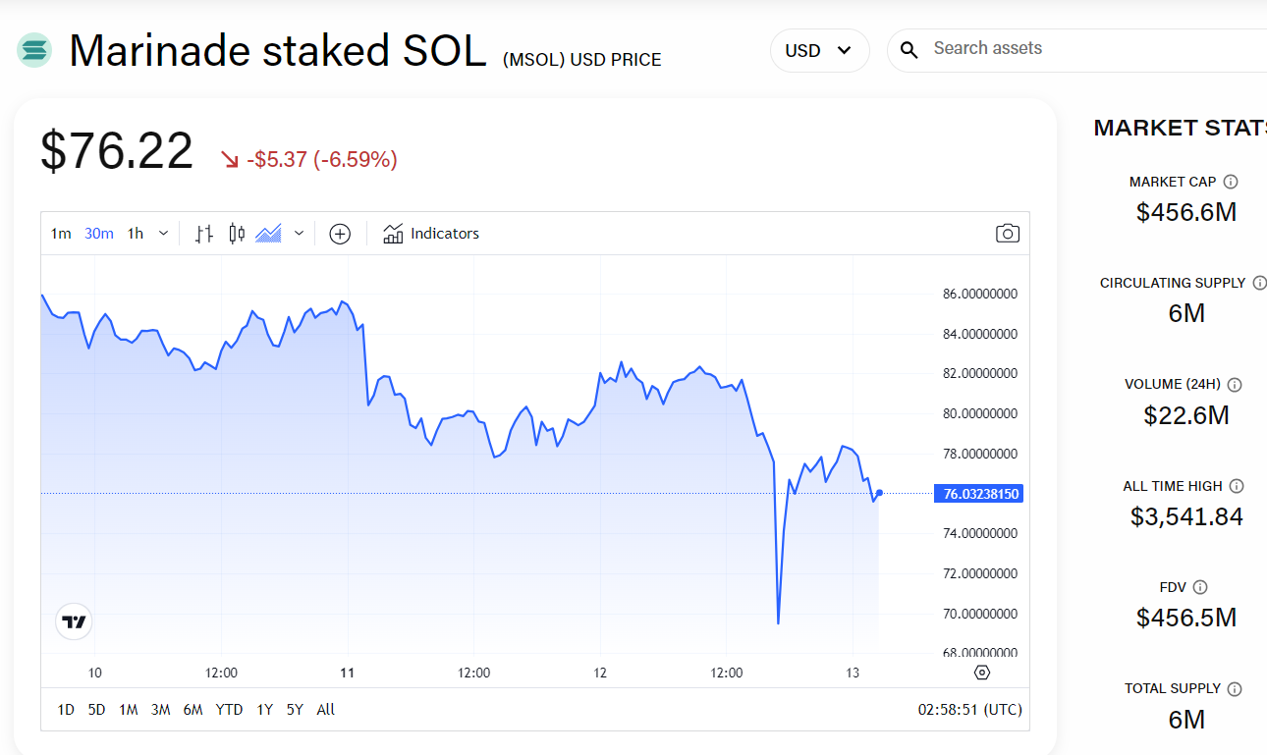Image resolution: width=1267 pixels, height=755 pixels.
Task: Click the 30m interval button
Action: pos(99,234)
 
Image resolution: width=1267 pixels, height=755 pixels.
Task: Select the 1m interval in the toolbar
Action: pos(61,234)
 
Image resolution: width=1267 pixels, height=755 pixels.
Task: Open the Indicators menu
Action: pos(431,234)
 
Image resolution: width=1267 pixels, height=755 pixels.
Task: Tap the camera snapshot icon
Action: pos(1007,234)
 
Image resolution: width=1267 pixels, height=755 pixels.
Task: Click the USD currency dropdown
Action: pos(819,50)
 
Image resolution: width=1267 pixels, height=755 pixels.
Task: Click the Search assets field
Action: pos(1080,49)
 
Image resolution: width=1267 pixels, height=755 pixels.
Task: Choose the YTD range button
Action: pos(229,710)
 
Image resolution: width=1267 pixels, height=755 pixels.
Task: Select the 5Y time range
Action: pos(295,710)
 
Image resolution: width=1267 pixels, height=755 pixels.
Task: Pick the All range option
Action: pos(326,710)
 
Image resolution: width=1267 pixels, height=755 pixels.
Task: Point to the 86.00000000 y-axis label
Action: pos(979,295)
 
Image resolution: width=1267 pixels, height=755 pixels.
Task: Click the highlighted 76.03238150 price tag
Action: pos(979,494)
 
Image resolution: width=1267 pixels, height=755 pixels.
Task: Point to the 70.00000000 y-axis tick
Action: pos(979,614)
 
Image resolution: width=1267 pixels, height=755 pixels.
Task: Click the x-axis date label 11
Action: pos(347,674)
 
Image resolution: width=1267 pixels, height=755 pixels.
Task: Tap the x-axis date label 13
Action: pos(853,674)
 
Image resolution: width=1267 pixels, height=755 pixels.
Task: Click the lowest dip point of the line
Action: pos(778,622)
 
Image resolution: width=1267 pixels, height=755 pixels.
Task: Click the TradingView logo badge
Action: pos(74,621)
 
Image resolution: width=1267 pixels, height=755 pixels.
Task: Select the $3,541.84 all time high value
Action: pos(1186,516)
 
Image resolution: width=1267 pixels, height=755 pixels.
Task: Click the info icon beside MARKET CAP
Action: pos(1231,182)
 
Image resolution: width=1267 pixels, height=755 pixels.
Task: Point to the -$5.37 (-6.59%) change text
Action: pos(321,159)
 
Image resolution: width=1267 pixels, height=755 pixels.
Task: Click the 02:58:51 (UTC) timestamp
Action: pos(969,710)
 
